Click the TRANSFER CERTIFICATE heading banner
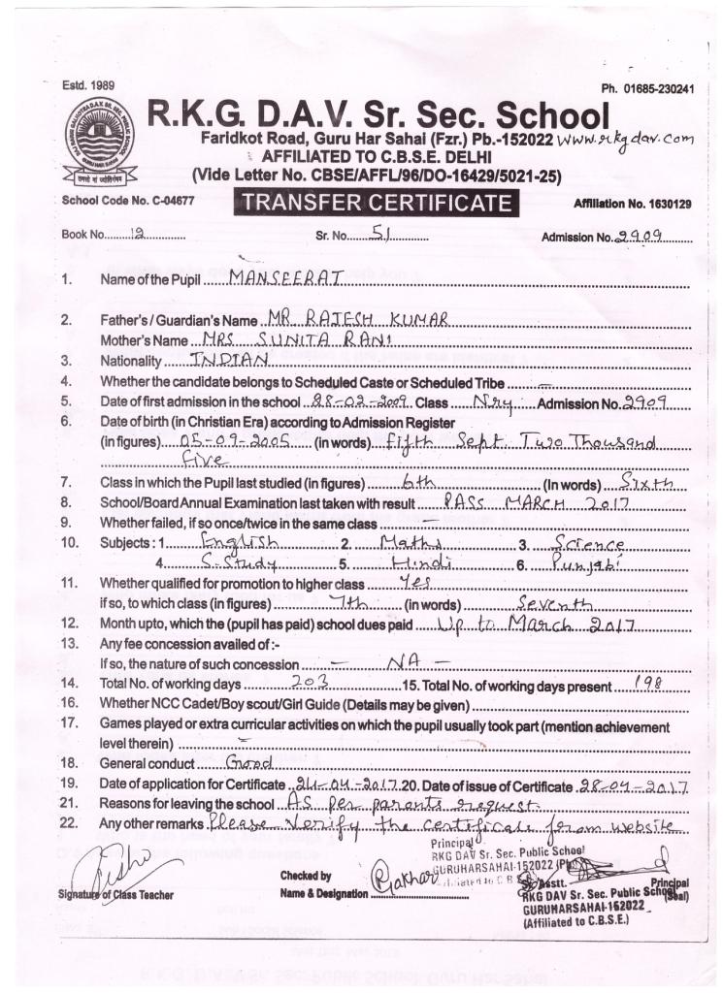(x=376, y=203)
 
